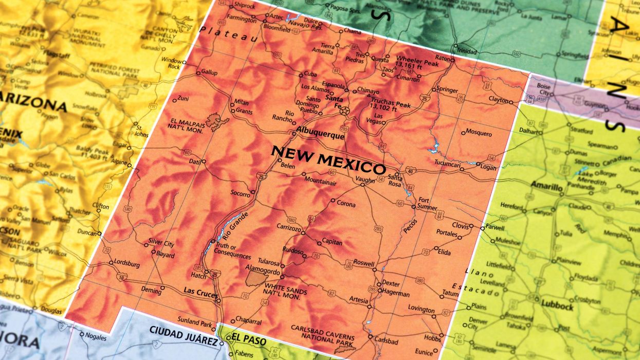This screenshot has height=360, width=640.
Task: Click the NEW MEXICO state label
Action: click(328, 160)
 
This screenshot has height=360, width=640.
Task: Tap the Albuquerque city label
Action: click(320, 136)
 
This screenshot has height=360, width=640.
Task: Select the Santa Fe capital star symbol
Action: click(344, 110)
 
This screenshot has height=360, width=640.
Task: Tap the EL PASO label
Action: click(249, 340)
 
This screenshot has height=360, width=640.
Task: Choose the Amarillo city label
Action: click(546, 187)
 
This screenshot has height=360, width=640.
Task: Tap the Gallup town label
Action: click(209, 72)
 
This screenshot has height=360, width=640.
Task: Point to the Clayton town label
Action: click(498, 99)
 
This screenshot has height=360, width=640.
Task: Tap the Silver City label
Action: click(161, 243)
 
